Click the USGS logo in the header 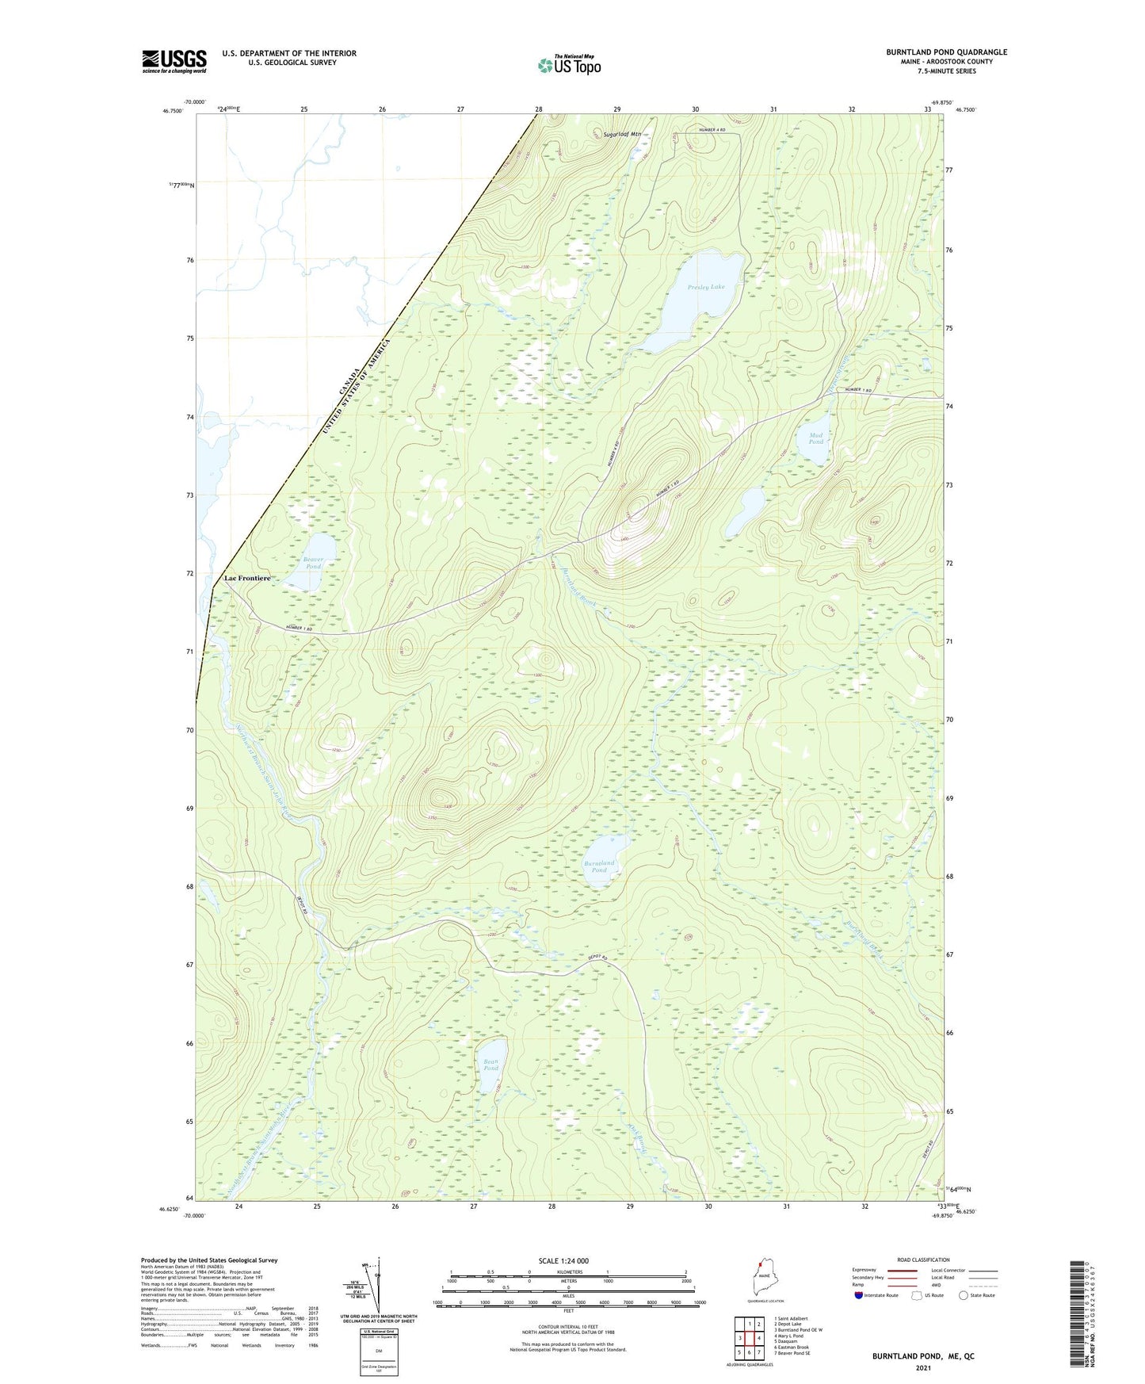click(x=174, y=61)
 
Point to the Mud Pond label click(x=815, y=438)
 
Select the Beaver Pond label click(x=313, y=563)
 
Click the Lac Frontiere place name click(x=247, y=579)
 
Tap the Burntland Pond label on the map click(x=598, y=866)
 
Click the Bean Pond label click(x=491, y=1065)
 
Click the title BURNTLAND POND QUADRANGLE click(x=946, y=52)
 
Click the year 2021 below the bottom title click(x=923, y=1367)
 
